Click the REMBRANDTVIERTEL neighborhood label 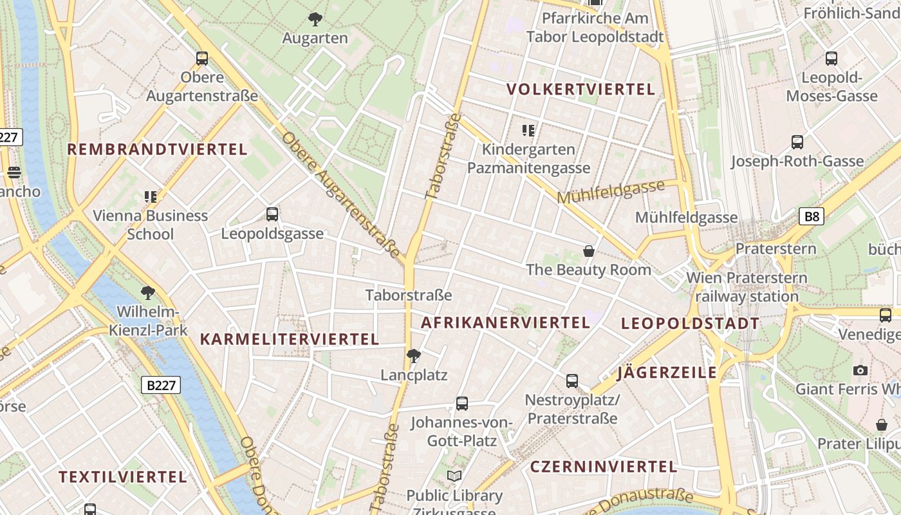tap(157, 150)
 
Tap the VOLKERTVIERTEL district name tap(581, 89)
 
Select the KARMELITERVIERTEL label tap(289, 339)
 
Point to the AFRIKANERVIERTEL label tap(505, 323)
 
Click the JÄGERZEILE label tap(667, 373)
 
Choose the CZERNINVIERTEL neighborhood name tap(603, 467)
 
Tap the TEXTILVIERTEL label tap(123, 478)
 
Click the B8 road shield tap(812, 216)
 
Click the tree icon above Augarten tap(315, 19)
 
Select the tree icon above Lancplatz tap(414, 355)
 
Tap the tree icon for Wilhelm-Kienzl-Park tap(148, 293)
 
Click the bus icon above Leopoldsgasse tap(272, 214)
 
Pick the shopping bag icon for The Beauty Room tap(588, 250)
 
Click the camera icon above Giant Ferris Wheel tap(860, 370)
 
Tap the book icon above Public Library tap(454, 476)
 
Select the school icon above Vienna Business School tap(151, 196)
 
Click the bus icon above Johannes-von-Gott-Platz tap(461, 404)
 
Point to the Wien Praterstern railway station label tap(747, 287)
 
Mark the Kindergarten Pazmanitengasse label tap(528, 159)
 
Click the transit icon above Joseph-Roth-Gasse tap(797, 142)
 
